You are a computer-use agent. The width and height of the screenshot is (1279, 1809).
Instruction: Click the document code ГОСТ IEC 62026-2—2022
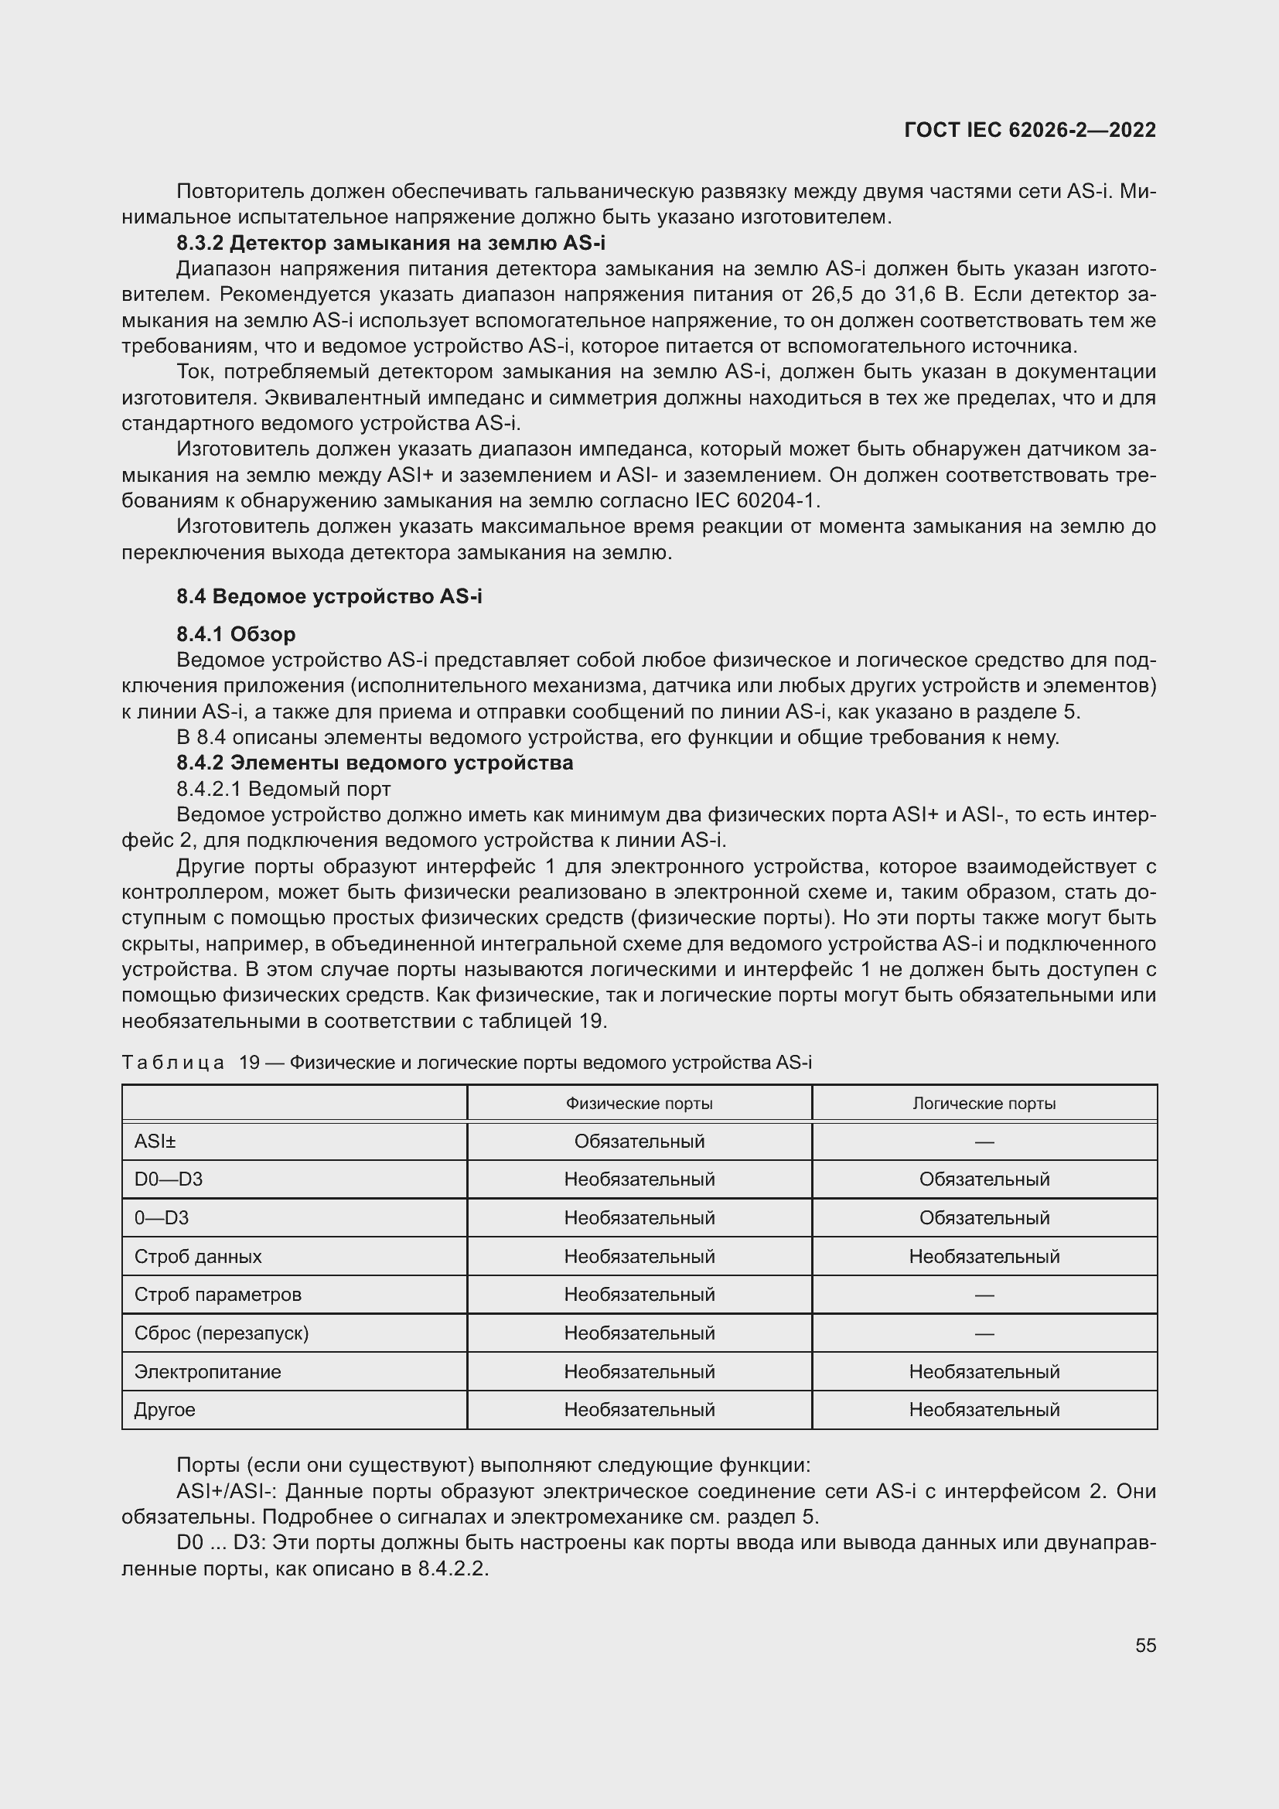[x=1030, y=130]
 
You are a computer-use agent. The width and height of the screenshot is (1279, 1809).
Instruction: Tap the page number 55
[x=1145, y=1645]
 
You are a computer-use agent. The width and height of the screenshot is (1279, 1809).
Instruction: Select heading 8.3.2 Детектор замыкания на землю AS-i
[x=391, y=243]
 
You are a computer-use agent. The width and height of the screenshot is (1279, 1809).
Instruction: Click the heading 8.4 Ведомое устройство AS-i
[x=329, y=596]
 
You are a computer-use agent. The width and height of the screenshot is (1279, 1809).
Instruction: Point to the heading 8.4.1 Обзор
[x=237, y=634]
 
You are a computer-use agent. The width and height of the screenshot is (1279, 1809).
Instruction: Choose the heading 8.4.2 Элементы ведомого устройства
[x=375, y=763]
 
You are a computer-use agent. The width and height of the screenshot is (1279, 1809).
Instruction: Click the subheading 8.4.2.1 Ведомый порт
[x=284, y=789]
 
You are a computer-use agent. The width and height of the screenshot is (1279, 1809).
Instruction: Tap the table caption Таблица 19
[x=466, y=1063]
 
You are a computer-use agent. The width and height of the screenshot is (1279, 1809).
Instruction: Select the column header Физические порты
[x=639, y=1104]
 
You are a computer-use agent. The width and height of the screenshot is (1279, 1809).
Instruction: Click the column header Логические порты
[x=984, y=1104]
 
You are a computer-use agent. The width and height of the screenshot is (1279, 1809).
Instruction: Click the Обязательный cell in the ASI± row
[x=639, y=1142]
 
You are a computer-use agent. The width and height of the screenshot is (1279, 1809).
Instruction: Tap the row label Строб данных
[x=198, y=1257]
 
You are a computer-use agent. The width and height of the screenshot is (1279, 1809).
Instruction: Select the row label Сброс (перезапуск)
[x=221, y=1333]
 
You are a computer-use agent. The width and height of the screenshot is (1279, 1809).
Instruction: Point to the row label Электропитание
[x=207, y=1372]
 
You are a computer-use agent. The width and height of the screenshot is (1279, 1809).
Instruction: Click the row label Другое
[x=165, y=1410]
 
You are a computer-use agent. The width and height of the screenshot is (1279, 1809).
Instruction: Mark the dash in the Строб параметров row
[x=984, y=1295]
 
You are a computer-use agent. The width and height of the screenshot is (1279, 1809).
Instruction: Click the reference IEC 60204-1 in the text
[x=756, y=501]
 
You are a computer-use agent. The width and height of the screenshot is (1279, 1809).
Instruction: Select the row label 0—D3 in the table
[x=162, y=1218]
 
